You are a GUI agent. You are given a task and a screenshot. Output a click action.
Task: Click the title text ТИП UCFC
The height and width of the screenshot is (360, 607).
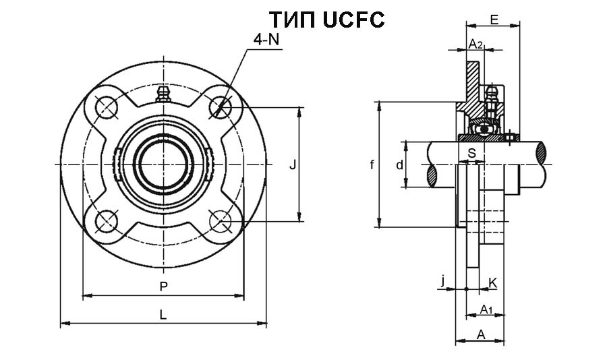tap(326, 20)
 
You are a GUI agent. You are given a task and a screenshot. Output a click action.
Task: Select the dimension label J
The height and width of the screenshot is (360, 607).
tap(292, 164)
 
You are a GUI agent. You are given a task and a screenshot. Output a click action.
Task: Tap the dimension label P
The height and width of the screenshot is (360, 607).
tap(163, 287)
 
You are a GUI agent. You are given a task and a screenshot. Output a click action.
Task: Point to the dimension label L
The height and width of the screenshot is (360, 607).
tap(163, 314)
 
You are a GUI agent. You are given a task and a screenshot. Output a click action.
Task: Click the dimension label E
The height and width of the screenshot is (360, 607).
tap(494, 20)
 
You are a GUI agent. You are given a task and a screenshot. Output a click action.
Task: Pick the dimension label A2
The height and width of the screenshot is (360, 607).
tap(475, 44)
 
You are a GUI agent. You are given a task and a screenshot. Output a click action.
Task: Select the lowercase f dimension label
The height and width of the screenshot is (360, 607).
tap(372, 164)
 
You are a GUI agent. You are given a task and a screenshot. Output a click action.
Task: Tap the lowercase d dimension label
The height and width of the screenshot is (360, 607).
tap(399, 164)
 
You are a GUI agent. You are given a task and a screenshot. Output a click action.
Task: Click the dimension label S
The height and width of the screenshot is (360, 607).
tap(472, 153)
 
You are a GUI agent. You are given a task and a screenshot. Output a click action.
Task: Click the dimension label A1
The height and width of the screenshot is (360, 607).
tap(486, 309)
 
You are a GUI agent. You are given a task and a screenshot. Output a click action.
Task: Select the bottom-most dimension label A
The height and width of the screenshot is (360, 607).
tap(481, 333)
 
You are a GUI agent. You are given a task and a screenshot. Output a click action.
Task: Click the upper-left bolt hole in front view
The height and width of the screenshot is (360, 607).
tap(106, 107)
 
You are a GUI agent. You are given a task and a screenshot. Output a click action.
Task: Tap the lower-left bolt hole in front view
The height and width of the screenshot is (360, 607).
tap(106, 221)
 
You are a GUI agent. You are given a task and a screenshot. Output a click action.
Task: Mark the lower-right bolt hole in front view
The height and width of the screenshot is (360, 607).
tap(220, 221)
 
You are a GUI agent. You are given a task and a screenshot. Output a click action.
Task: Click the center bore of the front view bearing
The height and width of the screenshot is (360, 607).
tap(163, 164)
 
